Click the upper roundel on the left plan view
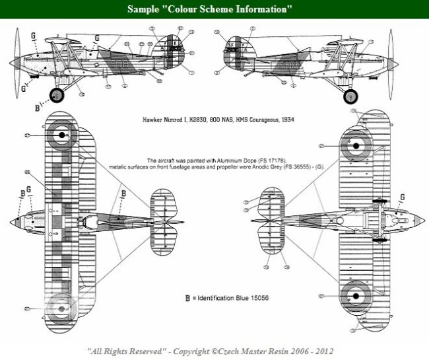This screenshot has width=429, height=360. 61,135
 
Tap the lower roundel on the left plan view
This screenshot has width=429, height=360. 61,307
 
